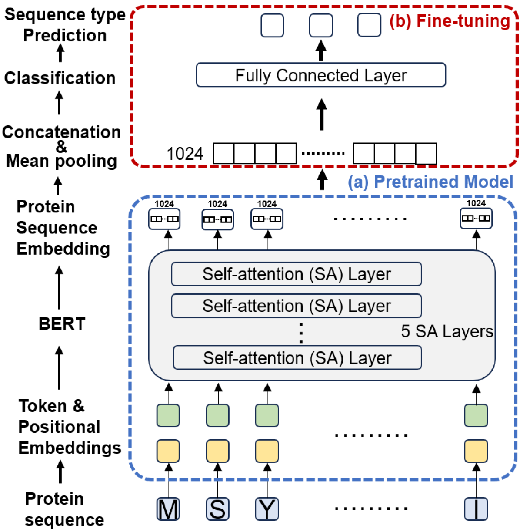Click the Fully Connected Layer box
[321, 75]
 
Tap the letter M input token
[168, 509]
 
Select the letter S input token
[217, 509]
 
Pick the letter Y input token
[267, 509]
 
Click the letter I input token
[476, 509]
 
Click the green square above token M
[168, 415]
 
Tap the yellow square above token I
[476, 451]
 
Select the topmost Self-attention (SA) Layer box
[297, 274]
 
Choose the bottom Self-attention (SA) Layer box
[297, 358]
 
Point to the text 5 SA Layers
[447, 331]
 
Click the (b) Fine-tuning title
[449, 21]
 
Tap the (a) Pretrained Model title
[430, 182]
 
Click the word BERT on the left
[62, 324]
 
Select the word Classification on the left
[60, 78]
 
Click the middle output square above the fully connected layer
[321, 25]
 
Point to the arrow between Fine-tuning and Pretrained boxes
[322, 180]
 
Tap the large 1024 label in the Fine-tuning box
[185, 154]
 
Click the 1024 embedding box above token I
[476, 219]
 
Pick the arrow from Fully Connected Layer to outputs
[321, 51]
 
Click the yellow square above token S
[217, 451]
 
